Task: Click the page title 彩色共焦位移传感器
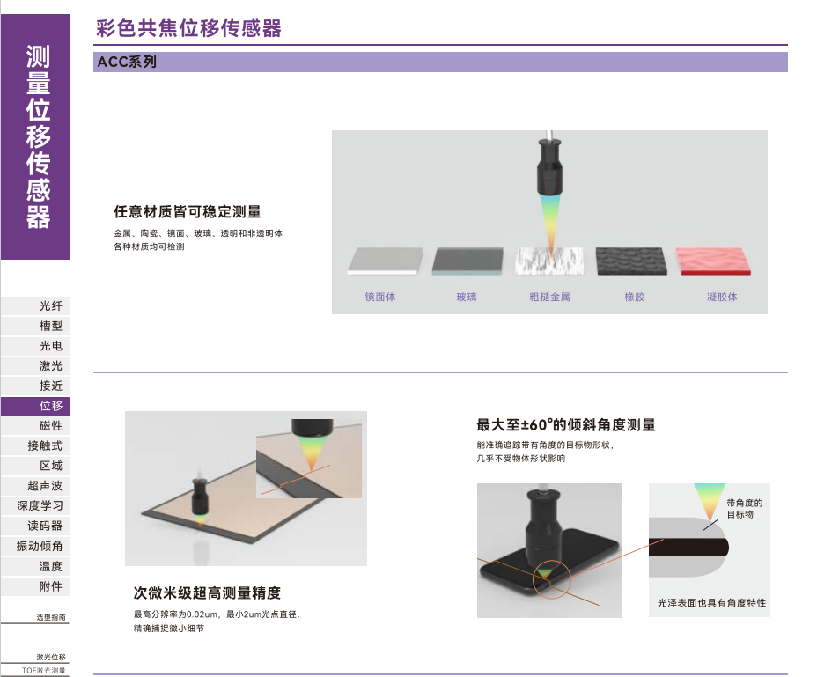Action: (x=188, y=28)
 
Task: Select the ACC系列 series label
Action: (x=127, y=63)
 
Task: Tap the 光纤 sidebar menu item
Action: (x=51, y=305)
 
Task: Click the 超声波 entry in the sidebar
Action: (x=45, y=486)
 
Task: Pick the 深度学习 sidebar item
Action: (x=40, y=505)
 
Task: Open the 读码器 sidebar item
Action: (x=45, y=526)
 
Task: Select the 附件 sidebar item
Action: (x=51, y=586)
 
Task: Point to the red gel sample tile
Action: (x=713, y=261)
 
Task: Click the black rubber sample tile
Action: (x=631, y=261)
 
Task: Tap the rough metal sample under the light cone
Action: (x=549, y=261)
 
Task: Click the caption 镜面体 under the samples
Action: (x=380, y=297)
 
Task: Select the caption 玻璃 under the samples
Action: (x=466, y=297)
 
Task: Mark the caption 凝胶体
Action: (x=722, y=297)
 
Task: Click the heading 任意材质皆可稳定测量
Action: (x=188, y=212)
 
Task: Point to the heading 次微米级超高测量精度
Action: (x=207, y=593)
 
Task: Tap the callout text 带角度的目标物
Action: (x=744, y=509)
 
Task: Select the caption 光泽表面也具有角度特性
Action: (x=711, y=603)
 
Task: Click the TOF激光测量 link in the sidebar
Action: (x=44, y=670)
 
